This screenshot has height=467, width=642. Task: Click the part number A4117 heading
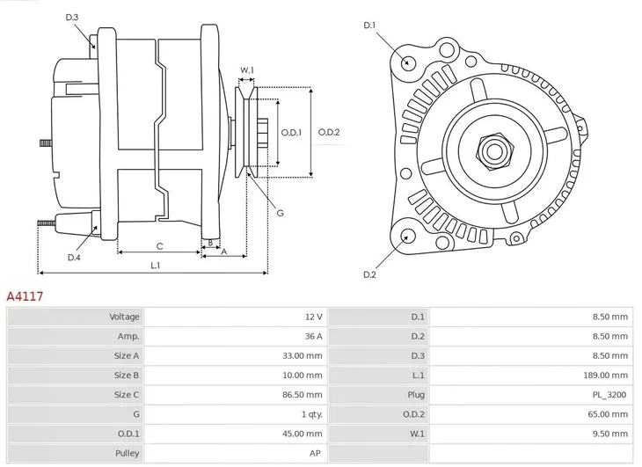(x=26, y=297)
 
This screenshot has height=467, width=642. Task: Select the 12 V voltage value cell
(x=313, y=317)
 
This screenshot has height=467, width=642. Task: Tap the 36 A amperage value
(x=313, y=337)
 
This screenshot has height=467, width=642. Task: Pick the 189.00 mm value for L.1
(x=608, y=376)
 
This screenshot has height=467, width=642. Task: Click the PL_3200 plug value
(x=609, y=396)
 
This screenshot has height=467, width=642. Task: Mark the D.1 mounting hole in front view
(x=407, y=62)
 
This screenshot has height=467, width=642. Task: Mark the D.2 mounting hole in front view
(x=407, y=235)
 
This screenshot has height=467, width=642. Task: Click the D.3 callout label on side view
(x=72, y=18)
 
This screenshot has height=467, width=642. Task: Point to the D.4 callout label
(x=74, y=257)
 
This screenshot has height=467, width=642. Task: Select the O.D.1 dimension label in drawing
(x=291, y=133)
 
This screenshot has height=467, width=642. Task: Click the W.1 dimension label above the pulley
(x=247, y=70)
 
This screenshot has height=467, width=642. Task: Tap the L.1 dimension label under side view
(x=155, y=265)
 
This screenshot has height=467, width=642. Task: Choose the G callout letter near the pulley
(x=280, y=213)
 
